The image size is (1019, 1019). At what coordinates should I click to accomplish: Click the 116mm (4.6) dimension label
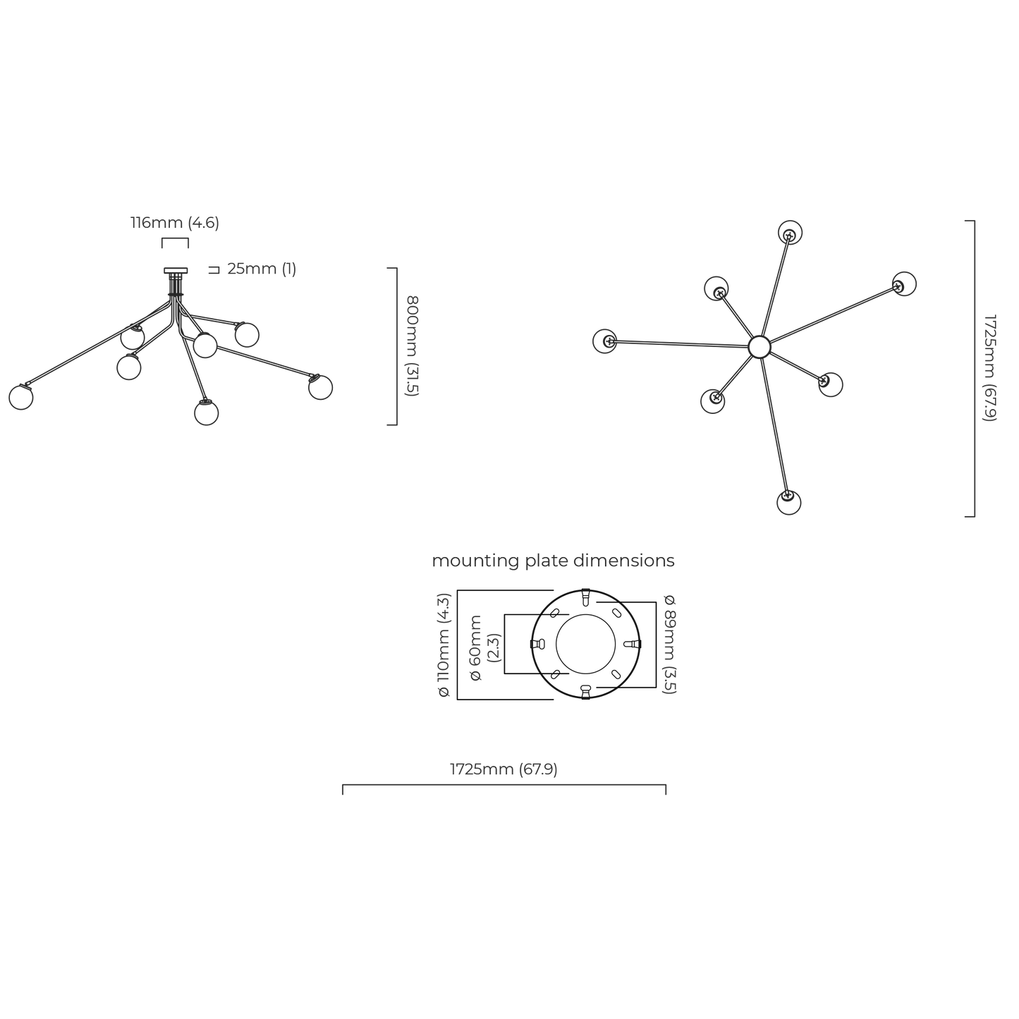pos(175,223)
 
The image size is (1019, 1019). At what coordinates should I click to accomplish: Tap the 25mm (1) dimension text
pos(262,269)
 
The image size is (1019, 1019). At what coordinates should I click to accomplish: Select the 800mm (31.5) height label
pos(412,346)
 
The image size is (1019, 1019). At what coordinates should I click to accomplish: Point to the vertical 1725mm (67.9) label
pos(989,368)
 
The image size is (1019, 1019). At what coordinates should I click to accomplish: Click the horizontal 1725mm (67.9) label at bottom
pos(504,769)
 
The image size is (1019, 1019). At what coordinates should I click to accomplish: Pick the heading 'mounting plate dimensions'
pos(553,561)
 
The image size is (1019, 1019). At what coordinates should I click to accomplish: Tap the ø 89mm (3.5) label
pos(669,645)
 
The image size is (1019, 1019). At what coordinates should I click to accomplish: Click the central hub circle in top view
pos(759,347)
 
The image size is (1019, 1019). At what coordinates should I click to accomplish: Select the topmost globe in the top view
pos(790,233)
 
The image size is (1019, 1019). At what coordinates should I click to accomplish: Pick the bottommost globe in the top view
pos(789,502)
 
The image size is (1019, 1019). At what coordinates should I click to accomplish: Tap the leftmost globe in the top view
pos(605,341)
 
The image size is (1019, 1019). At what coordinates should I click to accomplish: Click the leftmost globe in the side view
pos(21,398)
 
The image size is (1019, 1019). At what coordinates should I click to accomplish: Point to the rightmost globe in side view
pos(320,388)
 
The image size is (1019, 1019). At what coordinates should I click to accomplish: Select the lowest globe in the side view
pos(206,413)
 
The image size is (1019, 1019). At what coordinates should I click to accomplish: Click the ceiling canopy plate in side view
pos(176,270)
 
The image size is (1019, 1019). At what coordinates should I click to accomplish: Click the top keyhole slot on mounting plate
pos(585,597)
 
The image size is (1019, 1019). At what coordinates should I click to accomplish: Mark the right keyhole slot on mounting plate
pos(633,644)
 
